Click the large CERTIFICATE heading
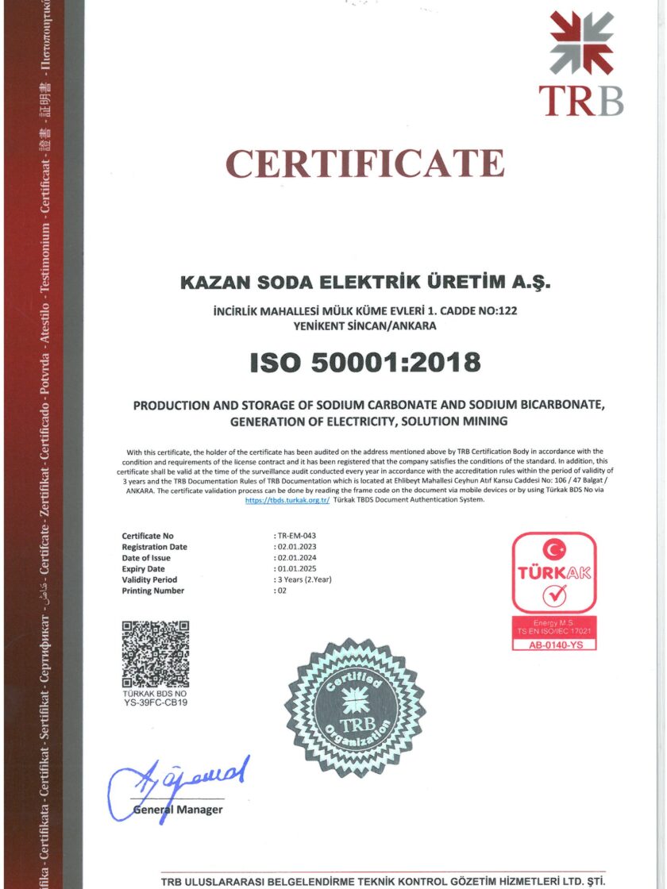click(365, 164)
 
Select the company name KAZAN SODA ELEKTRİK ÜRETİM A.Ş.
click(365, 282)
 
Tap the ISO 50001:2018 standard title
click(365, 362)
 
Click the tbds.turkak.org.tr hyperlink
click(287, 500)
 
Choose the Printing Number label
click(152, 591)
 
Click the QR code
click(156, 654)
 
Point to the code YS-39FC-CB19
click(156, 702)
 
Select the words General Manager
click(178, 810)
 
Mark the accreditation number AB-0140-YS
click(553, 645)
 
